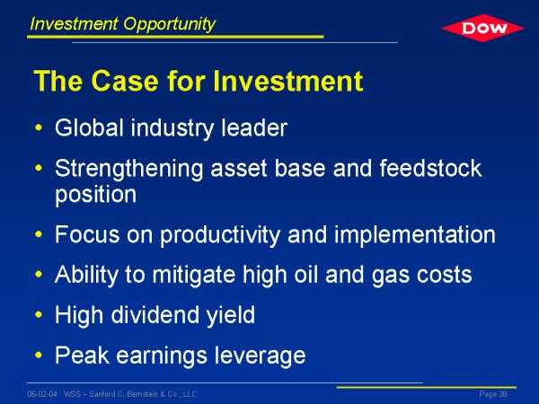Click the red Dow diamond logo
pos(482,28)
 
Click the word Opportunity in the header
pos(169,24)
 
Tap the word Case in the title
pos(125,81)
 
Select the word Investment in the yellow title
pos(287,81)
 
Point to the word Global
pos(89,127)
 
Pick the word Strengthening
pos(128,170)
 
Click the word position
pos(96,196)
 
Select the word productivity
pos(220,235)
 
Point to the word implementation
pos(415,235)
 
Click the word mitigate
pos(194,276)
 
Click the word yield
pos(231,316)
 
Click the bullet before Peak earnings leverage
pos(39,355)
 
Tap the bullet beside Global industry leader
pos(39,127)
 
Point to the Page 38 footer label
pos(493,394)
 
